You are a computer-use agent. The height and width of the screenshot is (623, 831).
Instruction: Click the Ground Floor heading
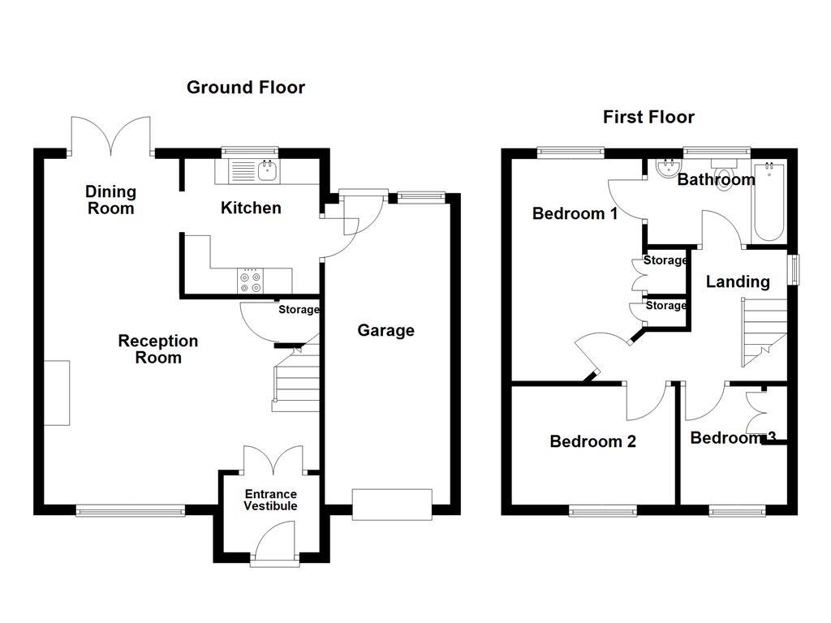246,88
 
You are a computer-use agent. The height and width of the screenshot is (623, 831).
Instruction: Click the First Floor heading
648,117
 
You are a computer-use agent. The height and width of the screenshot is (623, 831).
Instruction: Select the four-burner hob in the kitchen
250,281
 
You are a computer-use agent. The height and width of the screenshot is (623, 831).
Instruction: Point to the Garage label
386,330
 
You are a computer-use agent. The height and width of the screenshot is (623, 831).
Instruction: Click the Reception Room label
157,349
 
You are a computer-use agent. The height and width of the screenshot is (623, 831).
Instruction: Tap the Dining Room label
111,200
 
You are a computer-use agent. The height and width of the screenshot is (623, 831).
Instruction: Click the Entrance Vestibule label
271,500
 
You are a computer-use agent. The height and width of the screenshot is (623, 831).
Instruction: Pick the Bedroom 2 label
592,441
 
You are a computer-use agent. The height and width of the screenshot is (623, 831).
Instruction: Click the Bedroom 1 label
575,213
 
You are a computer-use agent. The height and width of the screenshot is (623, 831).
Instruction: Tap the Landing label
738,281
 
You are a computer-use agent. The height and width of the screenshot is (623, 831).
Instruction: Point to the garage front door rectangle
392,504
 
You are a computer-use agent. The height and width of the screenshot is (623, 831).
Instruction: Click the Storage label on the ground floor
299,310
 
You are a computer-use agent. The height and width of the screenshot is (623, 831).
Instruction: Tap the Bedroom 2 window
603,510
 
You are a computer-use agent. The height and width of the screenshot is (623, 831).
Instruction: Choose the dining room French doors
112,136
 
